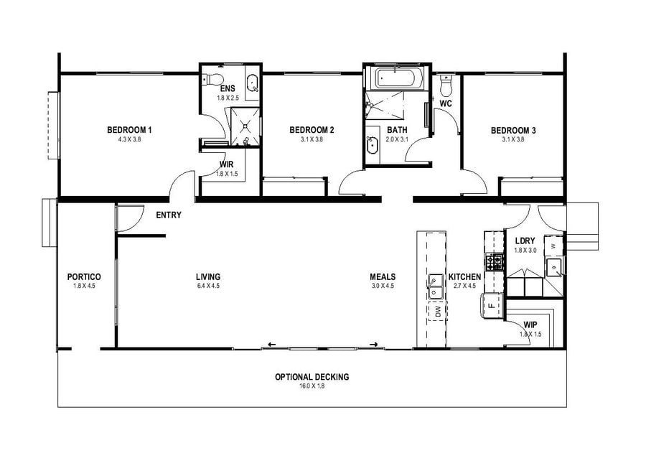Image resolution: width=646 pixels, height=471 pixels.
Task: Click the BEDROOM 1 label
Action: pos(129,130)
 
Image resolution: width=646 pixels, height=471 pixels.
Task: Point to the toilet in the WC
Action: pos(445,86)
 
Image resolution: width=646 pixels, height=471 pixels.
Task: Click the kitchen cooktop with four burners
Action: pos(494,262)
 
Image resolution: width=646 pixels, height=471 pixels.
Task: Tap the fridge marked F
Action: pos(491,304)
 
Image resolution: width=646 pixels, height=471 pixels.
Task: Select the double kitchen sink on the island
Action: pos(435,285)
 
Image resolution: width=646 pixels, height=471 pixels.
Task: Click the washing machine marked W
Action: pos(553,245)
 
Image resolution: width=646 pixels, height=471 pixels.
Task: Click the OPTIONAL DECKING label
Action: pos(312,377)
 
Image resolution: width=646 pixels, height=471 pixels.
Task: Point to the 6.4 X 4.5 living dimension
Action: pos(207,286)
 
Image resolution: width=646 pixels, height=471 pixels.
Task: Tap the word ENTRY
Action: pos(169,215)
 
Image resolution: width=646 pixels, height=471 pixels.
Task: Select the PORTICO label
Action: pos(83,276)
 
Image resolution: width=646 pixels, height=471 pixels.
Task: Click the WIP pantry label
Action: pos(531,325)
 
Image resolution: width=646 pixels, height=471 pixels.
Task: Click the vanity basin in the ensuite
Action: pos(252,85)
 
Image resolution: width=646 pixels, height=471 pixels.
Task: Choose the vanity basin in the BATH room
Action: pos(373,146)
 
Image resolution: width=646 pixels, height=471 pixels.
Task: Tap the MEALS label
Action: pos(383,276)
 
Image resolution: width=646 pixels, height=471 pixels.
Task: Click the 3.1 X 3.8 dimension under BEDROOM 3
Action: pos(513,139)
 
